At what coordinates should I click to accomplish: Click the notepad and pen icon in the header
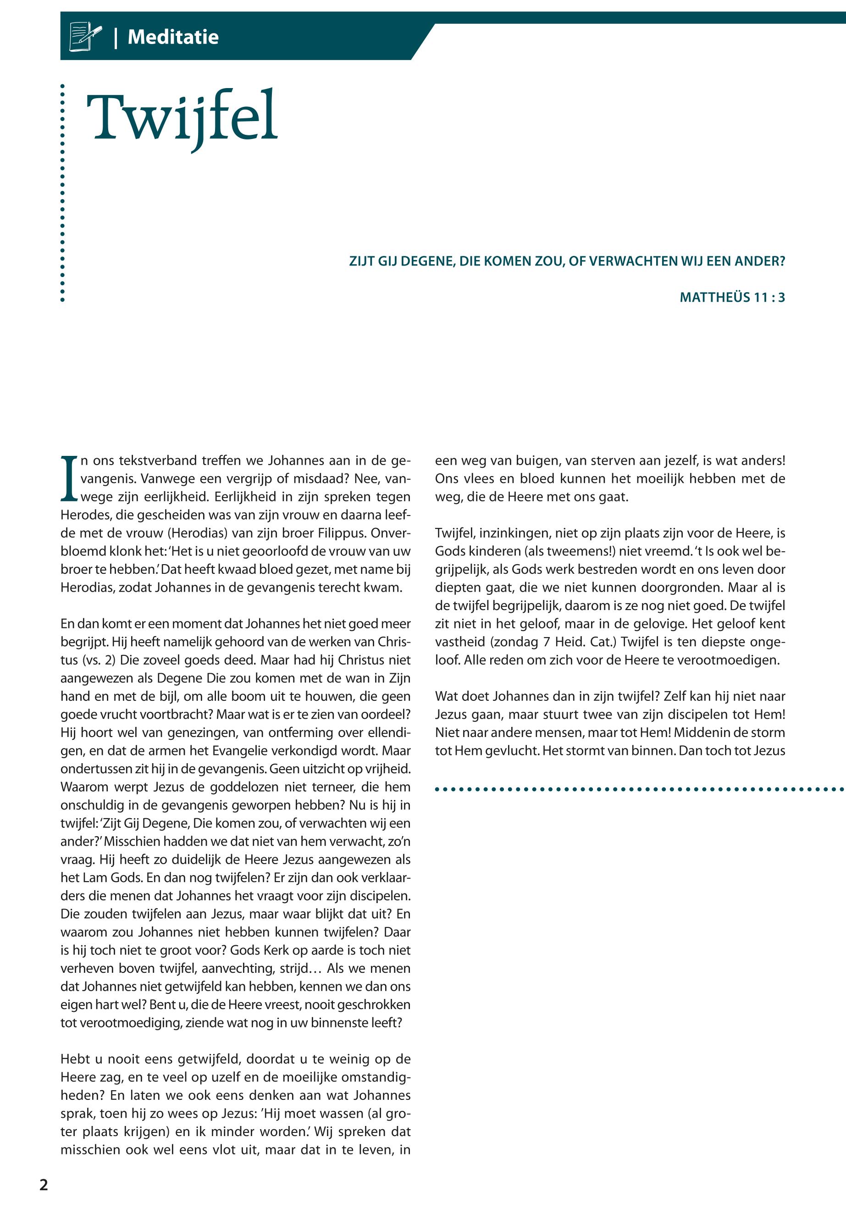coord(85,37)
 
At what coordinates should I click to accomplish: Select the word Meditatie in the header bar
coord(173,37)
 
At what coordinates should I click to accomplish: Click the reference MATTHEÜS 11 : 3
coord(731,298)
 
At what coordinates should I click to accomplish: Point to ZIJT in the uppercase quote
coord(361,261)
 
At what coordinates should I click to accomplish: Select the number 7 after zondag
coord(547,642)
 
